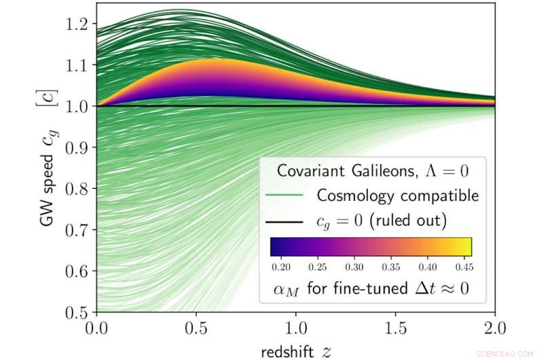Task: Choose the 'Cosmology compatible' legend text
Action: [x=398, y=196]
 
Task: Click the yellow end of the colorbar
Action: [x=466, y=246]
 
